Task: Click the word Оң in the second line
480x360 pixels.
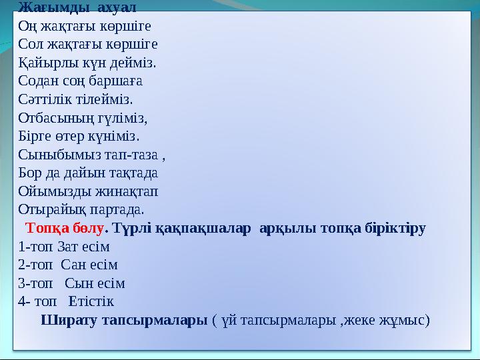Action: click(28, 27)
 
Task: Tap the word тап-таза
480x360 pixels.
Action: click(133, 155)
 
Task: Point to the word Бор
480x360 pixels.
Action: click(32, 173)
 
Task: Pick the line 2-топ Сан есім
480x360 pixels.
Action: click(67, 264)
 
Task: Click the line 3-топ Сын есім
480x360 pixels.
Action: click(71, 283)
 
